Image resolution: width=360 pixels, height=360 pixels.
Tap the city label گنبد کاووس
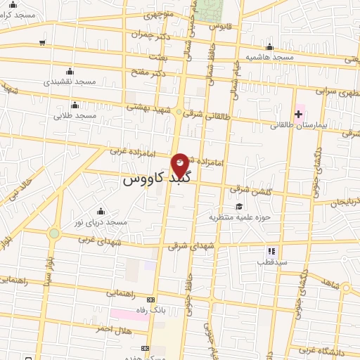click(x=144, y=179)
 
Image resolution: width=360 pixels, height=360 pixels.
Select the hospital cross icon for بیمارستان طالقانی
click(x=298, y=114)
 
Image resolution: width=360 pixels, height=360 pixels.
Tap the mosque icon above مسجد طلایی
click(x=75, y=105)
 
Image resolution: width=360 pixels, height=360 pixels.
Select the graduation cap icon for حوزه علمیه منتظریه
click(x=240, y=206)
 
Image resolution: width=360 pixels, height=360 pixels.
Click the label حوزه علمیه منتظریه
click(x=239, y=217)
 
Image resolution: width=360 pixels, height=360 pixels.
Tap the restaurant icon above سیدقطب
click(x=271, y=250)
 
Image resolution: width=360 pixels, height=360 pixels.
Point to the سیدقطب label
click(x=269, y=262)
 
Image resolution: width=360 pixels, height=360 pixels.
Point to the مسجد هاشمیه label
click(x=269, y=56)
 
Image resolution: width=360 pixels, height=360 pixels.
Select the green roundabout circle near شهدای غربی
click(x=54, y=233)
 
